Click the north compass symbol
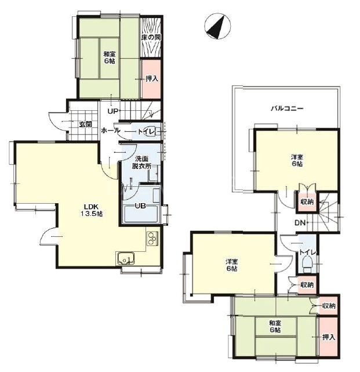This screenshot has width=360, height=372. [x=217, y=26]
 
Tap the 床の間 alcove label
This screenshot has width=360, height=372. [x=151, y=37]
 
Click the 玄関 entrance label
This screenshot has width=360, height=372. [x=85, y=124]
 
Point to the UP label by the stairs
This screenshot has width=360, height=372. [x=113, y=111]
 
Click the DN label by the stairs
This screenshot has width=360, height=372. [x=300, y=223]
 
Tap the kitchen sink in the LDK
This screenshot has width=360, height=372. [x=126, y=258]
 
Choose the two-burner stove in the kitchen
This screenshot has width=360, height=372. [x=152, y=238]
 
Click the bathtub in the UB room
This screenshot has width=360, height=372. [x=141, y=214]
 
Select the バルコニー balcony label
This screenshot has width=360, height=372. [x=288, y=109]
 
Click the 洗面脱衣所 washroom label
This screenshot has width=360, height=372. [x=141, y=162]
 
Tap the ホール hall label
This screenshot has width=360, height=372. [x=111, y=130]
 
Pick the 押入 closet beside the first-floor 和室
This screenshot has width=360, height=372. [x=151, y=79]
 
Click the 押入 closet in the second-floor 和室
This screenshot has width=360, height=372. [x=328, y=337]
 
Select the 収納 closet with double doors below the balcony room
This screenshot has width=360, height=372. [x=307, y=201]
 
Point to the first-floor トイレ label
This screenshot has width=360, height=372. [x=146, y=131]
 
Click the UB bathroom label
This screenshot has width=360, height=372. [x=140, y=206]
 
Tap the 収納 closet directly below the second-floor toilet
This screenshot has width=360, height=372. [x=307, y=284]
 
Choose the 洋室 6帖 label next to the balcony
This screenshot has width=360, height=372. [x=297, y=160]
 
